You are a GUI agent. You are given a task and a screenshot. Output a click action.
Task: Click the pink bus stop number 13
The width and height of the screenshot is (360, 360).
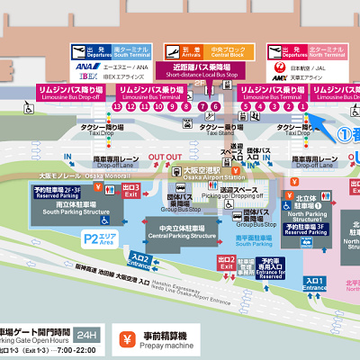117,106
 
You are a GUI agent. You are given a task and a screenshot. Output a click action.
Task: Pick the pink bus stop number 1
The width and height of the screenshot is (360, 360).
303,106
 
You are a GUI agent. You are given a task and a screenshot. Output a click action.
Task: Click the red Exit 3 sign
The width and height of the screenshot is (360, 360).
131,189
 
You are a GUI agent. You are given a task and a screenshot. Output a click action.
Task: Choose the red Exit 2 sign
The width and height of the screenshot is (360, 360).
227,264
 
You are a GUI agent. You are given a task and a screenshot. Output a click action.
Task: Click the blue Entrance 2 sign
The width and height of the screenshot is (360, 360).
140,260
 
